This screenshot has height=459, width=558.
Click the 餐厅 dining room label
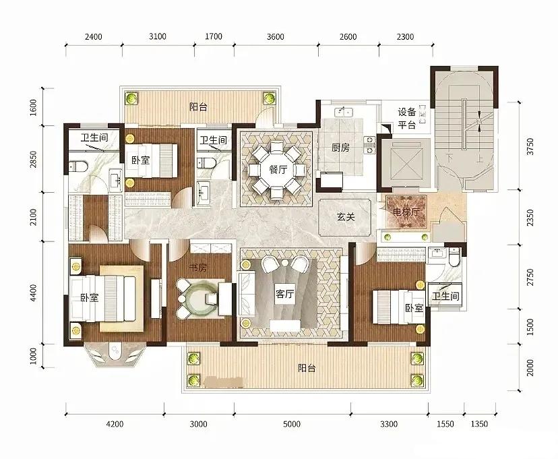[x=278, y=169]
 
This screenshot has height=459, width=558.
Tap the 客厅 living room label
[x=284, y=294]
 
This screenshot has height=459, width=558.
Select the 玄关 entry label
[x=346, y=216]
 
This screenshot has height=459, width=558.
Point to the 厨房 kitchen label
[x=340, y=148]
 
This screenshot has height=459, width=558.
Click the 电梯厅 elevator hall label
[x=406, y=212]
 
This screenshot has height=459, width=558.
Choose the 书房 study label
[x=198, y=268]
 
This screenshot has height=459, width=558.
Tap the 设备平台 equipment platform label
[x=407, y=118]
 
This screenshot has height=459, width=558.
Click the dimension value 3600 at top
[x=276, y=36]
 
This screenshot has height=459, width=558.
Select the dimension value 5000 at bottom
[x=291, y=424]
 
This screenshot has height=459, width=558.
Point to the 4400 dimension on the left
[x=34, y=293]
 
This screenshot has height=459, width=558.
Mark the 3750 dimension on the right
[x=530, y=146]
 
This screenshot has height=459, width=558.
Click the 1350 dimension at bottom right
[x=479, y=424]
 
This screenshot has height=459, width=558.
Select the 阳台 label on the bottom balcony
[x=307, y=368]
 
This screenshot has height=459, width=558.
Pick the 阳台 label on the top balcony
[x=198, y=106]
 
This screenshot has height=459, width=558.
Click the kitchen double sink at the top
[x=343, y=112]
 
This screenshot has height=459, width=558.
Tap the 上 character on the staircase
[x=480, y=158]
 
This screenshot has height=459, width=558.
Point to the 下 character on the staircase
[x=449, y=158]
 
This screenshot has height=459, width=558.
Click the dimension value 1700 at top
[x=214, y=36]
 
